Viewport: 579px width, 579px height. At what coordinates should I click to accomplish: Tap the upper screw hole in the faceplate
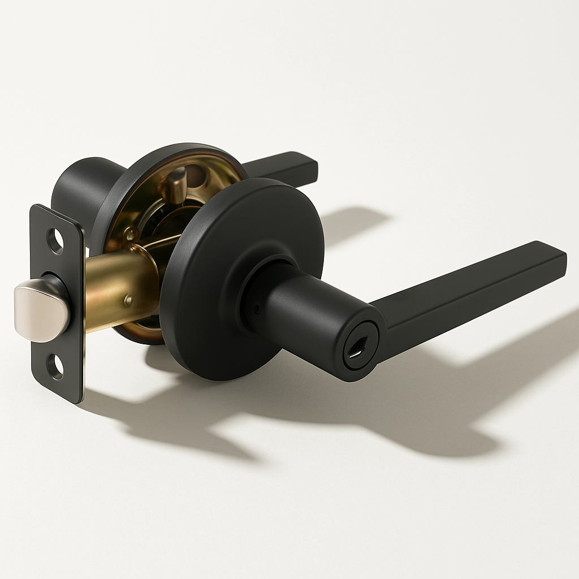pos(55,240)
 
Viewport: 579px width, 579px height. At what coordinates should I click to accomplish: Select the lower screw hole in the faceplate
pos(55,366)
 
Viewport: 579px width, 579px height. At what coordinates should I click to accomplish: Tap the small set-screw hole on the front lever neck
pos(257,310)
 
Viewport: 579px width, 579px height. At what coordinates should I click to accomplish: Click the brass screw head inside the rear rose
pos(131,232)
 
